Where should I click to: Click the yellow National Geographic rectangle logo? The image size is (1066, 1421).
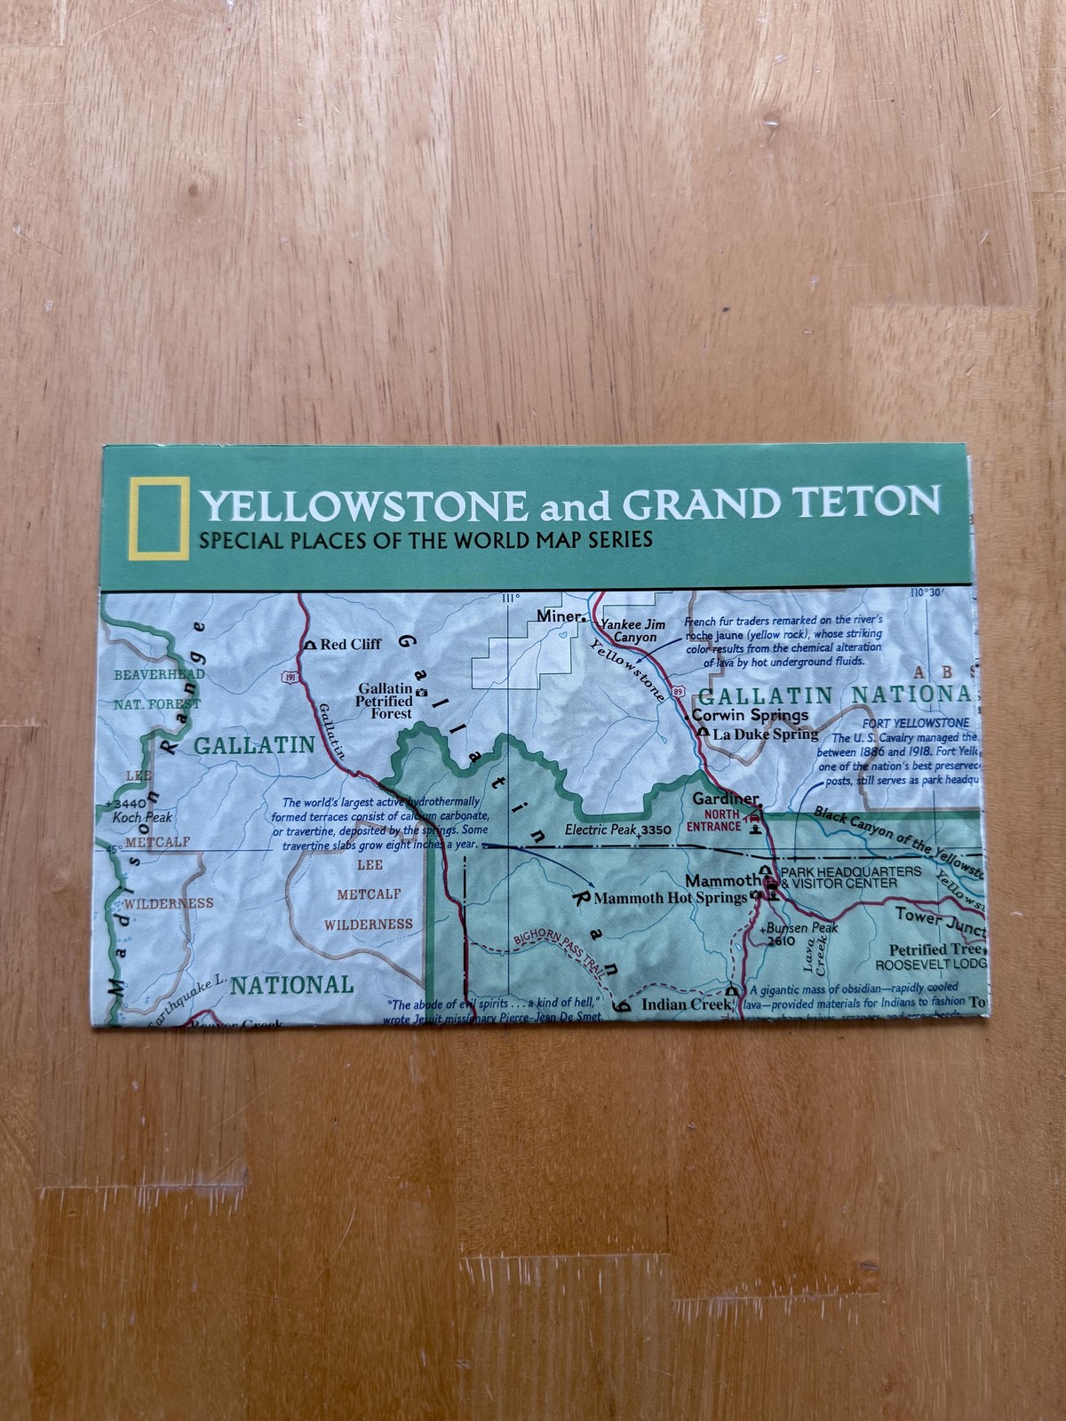[158, 520]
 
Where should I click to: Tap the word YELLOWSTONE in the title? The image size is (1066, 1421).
[364, 506]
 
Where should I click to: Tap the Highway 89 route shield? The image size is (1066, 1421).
[679, 690]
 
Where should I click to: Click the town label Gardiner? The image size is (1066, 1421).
[726, 798]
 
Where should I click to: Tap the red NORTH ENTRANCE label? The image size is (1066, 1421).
[713, 820]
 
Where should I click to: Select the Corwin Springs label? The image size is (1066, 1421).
[750, 715]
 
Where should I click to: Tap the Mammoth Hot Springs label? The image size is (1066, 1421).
[670, 898]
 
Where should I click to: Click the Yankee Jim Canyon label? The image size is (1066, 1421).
[634, 631]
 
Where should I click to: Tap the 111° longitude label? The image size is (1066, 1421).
[510, 598]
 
